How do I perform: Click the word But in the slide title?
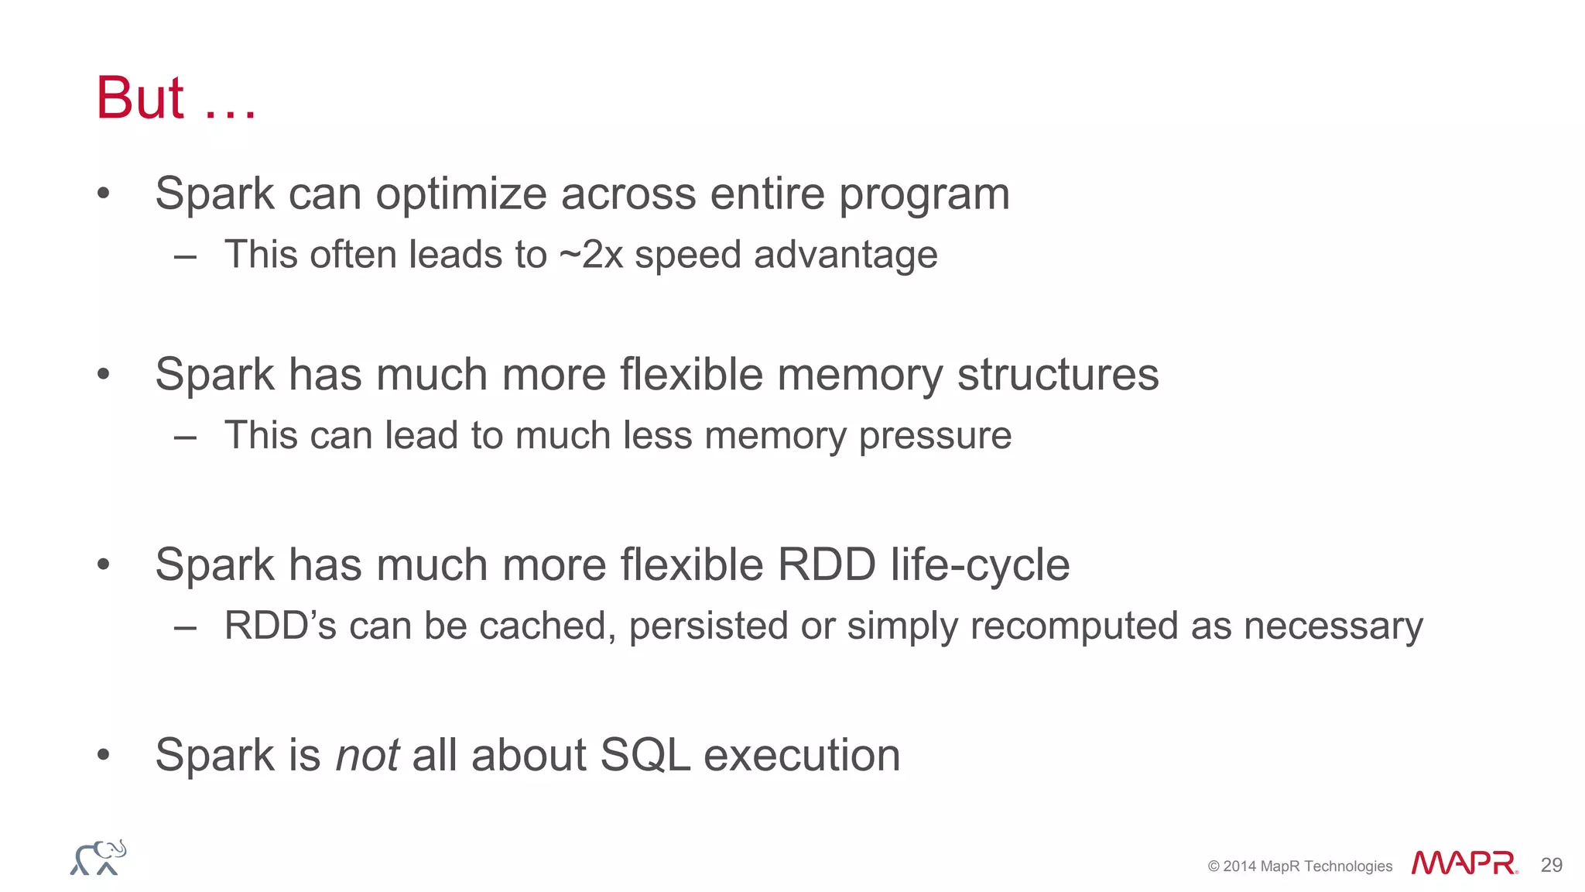coord(140,98)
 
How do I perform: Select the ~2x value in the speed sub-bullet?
coord(591,255)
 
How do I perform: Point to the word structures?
coord(1058,375)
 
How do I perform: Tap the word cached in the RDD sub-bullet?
coord(546,626)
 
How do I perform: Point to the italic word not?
coord(368,755)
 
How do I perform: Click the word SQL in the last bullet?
coord(645,755)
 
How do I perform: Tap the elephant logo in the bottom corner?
coord(98,858)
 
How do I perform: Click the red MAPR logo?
coord(1464,863)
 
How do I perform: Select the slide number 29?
coord(1551,865)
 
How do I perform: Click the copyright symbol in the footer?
coord(1214,866)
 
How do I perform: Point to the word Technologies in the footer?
coord(1348,866)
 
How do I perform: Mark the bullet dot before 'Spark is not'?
coord(104,755)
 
